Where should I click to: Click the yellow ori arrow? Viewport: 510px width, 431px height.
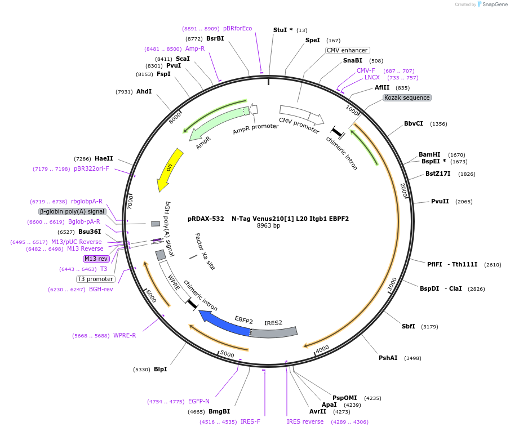(170, 169)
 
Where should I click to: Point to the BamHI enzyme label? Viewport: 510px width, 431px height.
(429, 154)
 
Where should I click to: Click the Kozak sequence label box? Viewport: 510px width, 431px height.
(407, 97)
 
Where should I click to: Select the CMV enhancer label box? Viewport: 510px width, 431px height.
(347, 50)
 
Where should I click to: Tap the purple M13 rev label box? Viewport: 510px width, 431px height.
(96, 259)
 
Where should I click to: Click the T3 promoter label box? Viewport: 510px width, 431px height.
(96, 279)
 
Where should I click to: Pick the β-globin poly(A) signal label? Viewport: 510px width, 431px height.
(72, 211)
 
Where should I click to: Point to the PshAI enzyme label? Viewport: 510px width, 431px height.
(388, 358)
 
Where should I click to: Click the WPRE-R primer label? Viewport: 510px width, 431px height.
(125, 336)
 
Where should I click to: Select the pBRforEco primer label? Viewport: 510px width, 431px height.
(237, 28)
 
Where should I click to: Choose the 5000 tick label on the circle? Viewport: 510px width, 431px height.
(227, 354)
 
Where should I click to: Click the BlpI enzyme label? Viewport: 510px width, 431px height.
(160, 369)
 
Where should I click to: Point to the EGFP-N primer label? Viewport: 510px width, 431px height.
(199, 401)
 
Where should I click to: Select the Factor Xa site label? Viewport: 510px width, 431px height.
(205, 251)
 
